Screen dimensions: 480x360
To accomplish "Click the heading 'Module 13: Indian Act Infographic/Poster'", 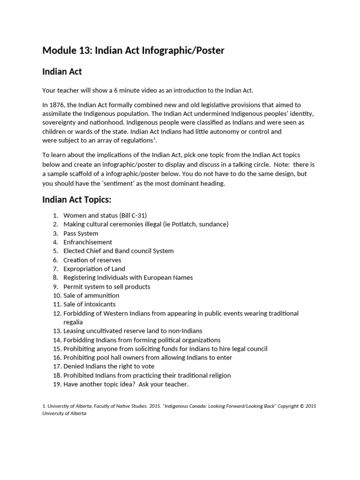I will tap(133, 50).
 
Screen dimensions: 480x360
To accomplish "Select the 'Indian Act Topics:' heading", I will tap(77, 200).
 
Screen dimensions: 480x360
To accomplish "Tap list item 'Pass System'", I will tap(81, 233).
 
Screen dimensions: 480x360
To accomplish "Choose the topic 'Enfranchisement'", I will tap(88, 242).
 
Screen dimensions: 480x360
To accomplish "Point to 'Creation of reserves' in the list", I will tap(92, 260).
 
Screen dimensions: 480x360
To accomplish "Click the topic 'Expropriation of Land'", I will tap(94, 269).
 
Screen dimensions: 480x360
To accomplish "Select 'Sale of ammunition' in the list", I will tap(91, 295).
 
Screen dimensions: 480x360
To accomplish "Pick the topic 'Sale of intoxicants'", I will tap(90, 304).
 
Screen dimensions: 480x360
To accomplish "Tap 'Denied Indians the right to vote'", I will tap(109, 366).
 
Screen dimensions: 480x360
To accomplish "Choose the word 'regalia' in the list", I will tap(73, 322).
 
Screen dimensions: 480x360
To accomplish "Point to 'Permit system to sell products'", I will tap(107, 286).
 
